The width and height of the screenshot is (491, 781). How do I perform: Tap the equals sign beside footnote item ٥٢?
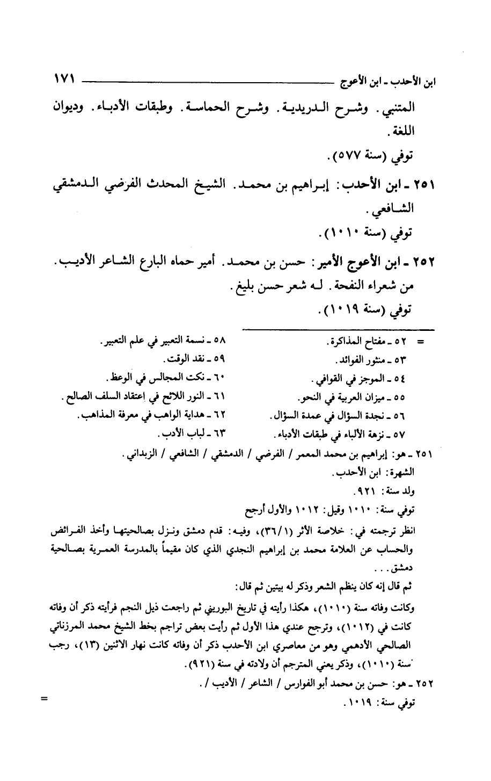pos(421,342)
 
